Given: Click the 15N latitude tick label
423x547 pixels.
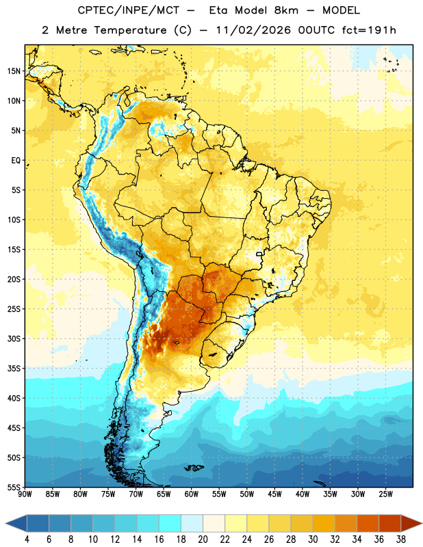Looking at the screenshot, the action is click(14, 71).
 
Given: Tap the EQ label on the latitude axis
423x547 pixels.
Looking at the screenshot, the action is click(16, 161).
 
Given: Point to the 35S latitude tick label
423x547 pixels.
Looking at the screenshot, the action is click(14, 369).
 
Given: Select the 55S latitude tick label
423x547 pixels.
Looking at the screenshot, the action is click(14, 488).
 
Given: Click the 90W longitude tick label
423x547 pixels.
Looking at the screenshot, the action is click(25, 494).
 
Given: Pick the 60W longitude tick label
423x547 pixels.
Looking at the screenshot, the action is click(192, 494).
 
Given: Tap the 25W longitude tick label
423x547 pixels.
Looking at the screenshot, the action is click(385, 494).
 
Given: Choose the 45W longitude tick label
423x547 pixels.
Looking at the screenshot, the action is click(274, 494).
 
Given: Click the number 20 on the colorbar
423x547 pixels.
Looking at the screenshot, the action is click(203, 539).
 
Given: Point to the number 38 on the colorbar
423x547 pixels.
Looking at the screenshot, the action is click(400, 539).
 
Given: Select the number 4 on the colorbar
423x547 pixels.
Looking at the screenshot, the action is click(27, 539).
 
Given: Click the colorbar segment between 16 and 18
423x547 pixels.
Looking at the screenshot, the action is click(170, 523).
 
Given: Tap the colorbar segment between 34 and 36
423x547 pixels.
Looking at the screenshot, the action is click(368, 523).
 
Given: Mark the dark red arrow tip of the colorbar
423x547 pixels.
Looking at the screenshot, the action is click(422, 523).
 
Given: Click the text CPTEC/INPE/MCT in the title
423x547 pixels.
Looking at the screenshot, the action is click(128, 10).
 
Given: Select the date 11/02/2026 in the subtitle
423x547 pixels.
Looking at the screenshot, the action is click(253, 30).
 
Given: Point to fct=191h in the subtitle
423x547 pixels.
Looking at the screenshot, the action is click(369, 30).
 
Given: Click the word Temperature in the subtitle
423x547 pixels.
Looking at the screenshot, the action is click(130, 30).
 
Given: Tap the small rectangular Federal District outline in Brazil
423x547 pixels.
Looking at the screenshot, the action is click(259, 254).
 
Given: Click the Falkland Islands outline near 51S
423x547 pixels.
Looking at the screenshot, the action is click(194, 468).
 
